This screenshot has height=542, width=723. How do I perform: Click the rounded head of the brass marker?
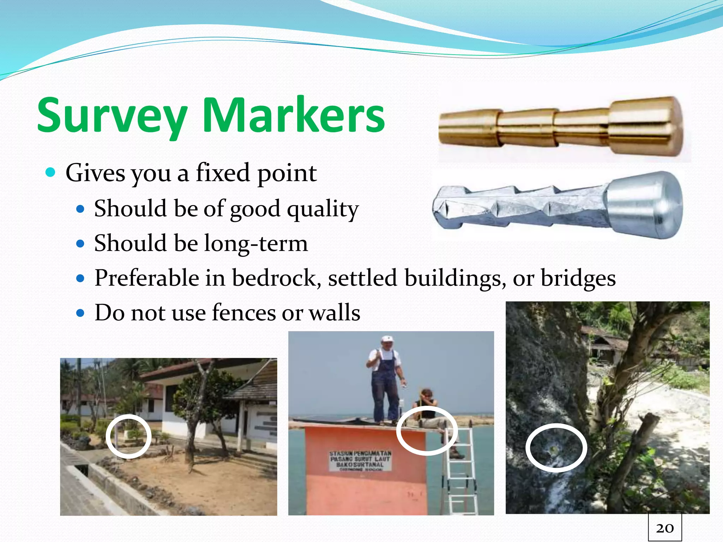[646, 126]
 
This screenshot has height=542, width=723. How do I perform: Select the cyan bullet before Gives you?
[51, 173]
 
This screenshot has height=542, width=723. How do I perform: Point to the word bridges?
[578, 278]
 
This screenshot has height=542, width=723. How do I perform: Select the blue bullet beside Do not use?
[81, 313]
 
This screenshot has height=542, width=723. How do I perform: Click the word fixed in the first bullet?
[223, 173]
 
